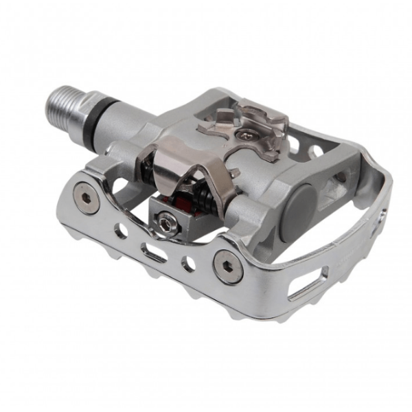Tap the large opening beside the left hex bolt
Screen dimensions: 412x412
coord(118,186)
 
